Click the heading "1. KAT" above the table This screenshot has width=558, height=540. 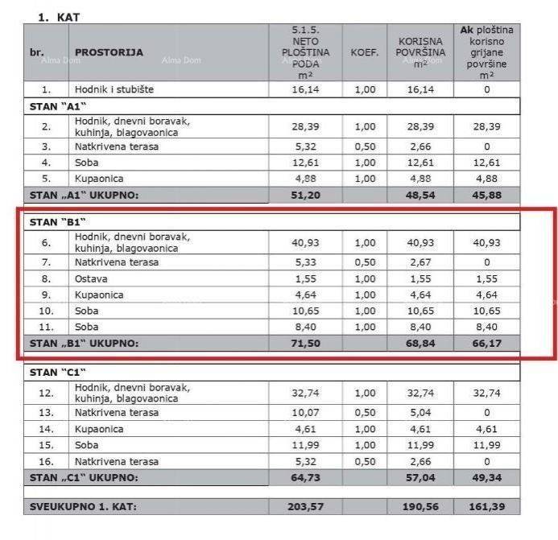[59, 16]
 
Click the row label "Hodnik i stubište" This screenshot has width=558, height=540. [115, 90]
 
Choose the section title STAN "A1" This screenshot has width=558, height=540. [57, 106]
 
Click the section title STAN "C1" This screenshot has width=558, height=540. [57, 372]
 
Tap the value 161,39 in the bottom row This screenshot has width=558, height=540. [486, 506]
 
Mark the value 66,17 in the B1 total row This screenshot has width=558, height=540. [486, 343]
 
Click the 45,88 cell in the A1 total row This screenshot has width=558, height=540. [486, 194]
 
